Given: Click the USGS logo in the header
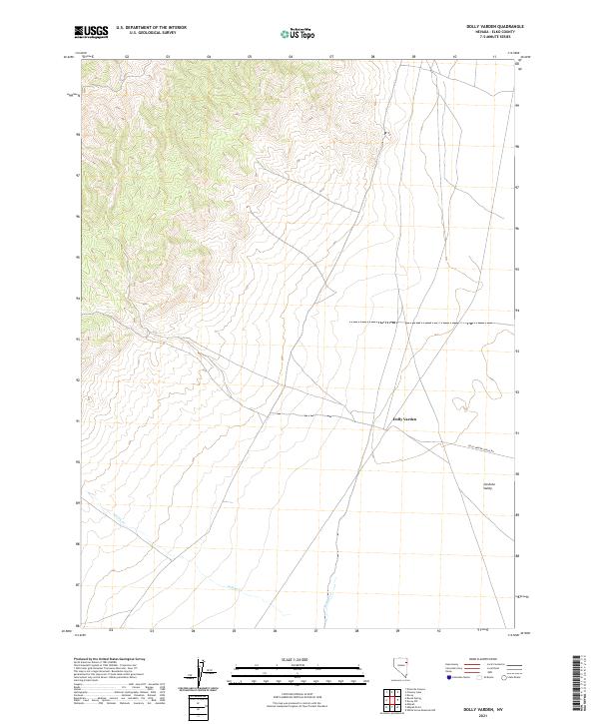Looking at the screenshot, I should coord(91,32).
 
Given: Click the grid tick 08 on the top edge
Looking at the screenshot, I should coord(372,58).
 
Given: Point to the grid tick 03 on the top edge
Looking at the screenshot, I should coord(168,58).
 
